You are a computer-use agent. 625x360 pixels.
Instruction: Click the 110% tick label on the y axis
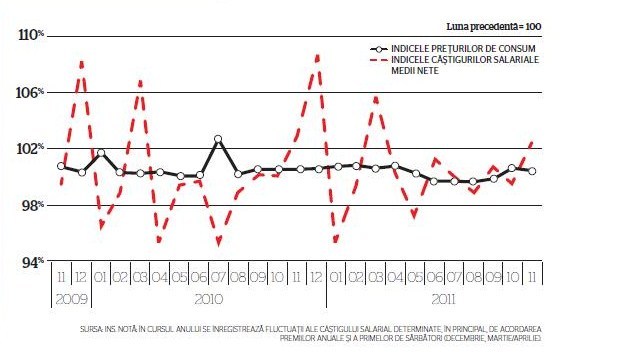(31, 35)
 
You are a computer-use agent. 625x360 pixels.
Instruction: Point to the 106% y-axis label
(30, 93)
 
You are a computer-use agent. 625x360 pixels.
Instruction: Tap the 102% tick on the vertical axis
(30, 149)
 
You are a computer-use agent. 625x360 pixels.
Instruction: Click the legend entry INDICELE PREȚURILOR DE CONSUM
(463, 49)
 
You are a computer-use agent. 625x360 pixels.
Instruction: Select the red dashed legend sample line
(379, 60)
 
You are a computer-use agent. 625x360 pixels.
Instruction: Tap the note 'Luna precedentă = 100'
(493, 27)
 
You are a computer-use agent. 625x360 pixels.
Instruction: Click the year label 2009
(71, 299)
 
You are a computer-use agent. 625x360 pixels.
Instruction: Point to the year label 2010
(208, 299)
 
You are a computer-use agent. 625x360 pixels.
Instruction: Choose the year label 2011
(443, 299)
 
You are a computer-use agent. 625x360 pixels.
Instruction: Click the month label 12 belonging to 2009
(81, 277)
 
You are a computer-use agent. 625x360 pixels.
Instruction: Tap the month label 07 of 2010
(218, 277)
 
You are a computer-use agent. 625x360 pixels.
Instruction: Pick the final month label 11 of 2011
(532, 277)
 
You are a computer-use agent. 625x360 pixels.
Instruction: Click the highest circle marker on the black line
(218, 139)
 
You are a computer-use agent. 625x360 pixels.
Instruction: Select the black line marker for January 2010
(101, 153)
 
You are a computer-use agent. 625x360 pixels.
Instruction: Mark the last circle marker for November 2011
(532, 171)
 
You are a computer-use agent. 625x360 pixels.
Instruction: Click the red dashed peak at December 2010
(318, 57)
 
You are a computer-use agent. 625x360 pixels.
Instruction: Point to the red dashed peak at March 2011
(376, 98)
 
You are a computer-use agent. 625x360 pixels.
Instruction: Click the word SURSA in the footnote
(91, 329)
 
